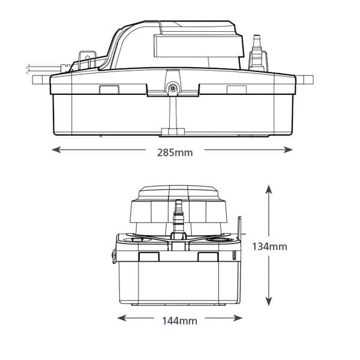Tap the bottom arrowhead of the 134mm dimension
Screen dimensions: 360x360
(x=269, y=304)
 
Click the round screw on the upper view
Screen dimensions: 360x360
(x=172, y=88)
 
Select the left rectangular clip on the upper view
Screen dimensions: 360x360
(x=109, y=89)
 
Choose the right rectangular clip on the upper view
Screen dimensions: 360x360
(x=235, y=89)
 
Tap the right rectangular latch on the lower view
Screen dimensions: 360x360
(x=208, y=257)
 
